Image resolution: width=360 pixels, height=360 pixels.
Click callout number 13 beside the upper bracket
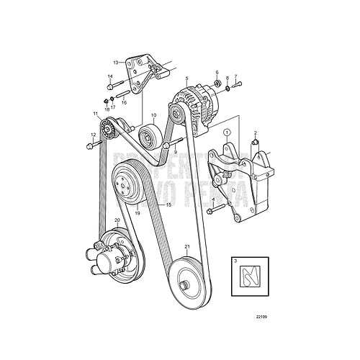tap(114, 63)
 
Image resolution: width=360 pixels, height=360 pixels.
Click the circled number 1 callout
tap(226, 132)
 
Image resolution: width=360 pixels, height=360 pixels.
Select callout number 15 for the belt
tap(169, 205)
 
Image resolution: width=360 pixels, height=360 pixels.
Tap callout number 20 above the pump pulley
tap(117, 221)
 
